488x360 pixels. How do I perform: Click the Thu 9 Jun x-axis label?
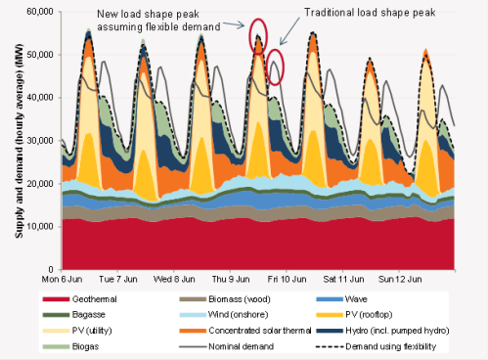251,277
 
